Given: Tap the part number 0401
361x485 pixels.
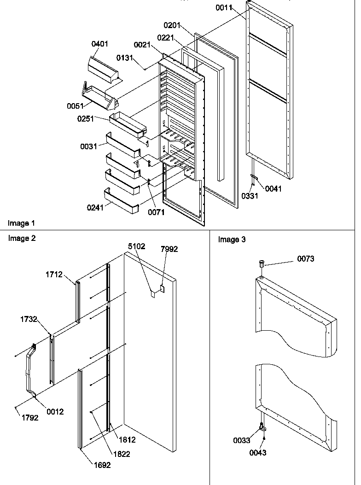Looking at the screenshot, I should [x=100, y=44].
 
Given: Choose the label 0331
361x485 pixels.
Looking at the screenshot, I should [x=250, y=196].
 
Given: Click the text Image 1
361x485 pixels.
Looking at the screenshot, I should [x=21, y=223].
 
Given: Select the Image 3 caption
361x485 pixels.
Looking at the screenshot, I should [x=232, y=240].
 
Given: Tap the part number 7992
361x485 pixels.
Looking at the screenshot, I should [x=169, y=249].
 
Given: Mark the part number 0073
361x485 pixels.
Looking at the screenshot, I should [x=306, y=259].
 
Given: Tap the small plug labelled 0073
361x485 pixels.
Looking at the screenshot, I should [x=262, y=264].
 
